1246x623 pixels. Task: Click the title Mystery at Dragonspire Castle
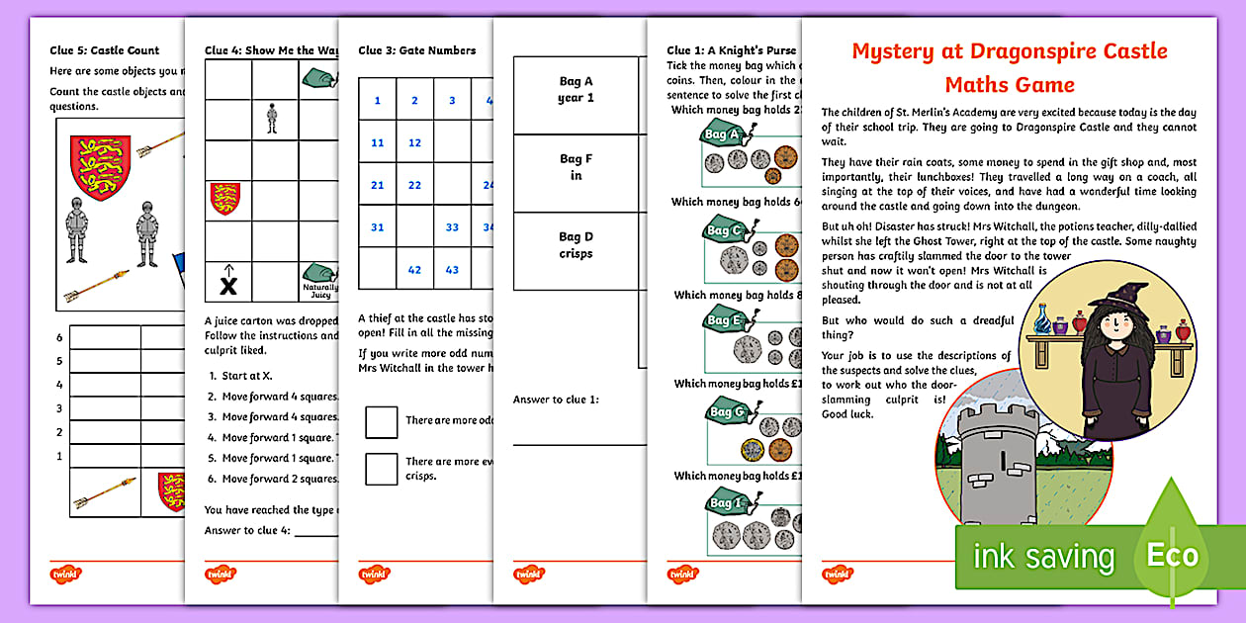[x=1009, y=50]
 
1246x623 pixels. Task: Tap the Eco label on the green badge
[x=1172, y=555]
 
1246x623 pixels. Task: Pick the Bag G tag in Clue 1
[x=724, y=411]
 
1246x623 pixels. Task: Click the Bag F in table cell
[x=575, y=167]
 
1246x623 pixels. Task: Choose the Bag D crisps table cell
[x=575, y=245]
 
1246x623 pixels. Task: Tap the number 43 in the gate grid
[x=452, y=270]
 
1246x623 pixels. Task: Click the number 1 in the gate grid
[x=377, y=100]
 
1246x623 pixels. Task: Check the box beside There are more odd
[x=381, y=422]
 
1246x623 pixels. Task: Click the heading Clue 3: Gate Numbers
[x=416, y=50]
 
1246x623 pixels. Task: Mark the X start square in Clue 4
[x=228, y=285]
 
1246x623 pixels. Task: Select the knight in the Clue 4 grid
[x=272, y=120]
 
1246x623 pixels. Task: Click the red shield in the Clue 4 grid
[x=225, y=199]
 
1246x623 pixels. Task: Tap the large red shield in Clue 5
[x=100, y=167]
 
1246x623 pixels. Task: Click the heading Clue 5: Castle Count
[x=105, y=50]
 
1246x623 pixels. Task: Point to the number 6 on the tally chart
[x=59, y=338]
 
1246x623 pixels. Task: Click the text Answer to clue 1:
[x=555, y=400]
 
